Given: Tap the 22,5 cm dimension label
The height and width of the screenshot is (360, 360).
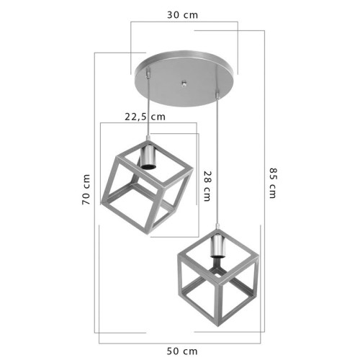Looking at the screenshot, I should (x=144, y=115).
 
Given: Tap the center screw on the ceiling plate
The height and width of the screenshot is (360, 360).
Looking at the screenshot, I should (x=184, y=82).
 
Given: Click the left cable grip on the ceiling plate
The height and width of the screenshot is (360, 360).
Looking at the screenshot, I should (x=150, y=73).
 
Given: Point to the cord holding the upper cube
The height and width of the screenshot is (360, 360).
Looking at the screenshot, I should (x=149, y=108).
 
